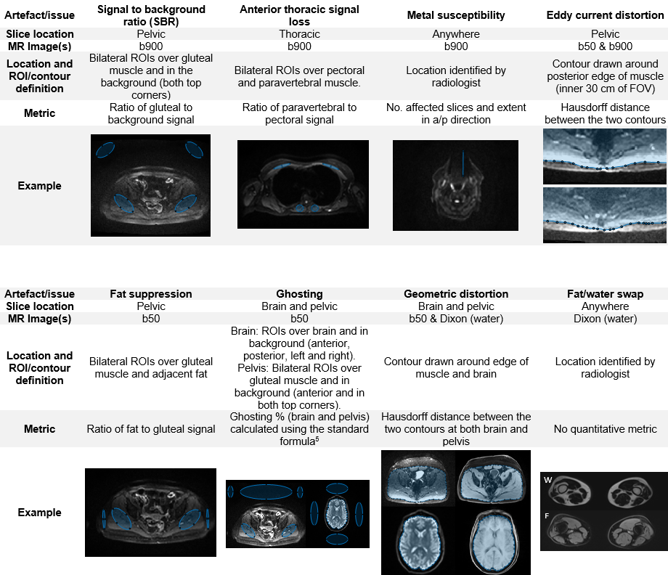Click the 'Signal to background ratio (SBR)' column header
click(x=151, y=15)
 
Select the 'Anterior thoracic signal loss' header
click(x=299, y=15)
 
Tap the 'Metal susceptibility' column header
click(x=457, y=15)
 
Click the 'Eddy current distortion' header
click(x=605, y=15)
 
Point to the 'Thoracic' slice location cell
click(x=299, y=34)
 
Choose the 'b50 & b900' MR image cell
click(x=605, y=46)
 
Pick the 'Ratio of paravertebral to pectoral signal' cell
click(x=299, y=113)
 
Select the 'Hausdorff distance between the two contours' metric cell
click(x=605, y=113)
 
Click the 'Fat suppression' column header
click(x=151, y=294)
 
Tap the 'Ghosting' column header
click(x=299, y=294)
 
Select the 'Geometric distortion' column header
click(x=457, y=294)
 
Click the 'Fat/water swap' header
click(x=605, y=294)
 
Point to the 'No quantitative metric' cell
click(x=605, y=429)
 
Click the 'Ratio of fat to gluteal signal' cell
click(x=151, y=429)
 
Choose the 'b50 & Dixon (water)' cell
click(x=457, y=318)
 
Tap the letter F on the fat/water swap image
click(x=547, y=516)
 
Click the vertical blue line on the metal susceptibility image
click(x=462, y=164)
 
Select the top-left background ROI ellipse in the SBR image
click(x=105, y=150)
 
